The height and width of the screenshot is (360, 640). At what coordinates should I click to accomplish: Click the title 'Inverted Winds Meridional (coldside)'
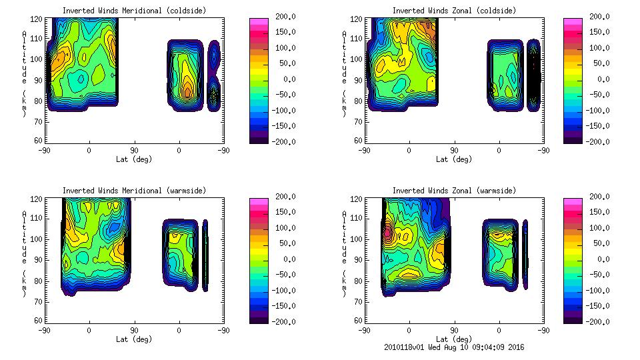134,11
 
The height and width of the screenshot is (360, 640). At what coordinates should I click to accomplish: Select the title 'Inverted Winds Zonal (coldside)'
454,11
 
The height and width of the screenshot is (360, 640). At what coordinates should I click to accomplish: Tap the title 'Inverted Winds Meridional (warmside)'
134,191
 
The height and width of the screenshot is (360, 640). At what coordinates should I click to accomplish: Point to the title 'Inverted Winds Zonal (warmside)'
454,191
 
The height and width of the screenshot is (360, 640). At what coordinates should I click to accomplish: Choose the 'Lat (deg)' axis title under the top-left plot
134,159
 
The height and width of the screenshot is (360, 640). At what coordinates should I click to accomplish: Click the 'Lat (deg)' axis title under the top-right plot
454,159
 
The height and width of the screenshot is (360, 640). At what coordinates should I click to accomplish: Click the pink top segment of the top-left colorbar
259,22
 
